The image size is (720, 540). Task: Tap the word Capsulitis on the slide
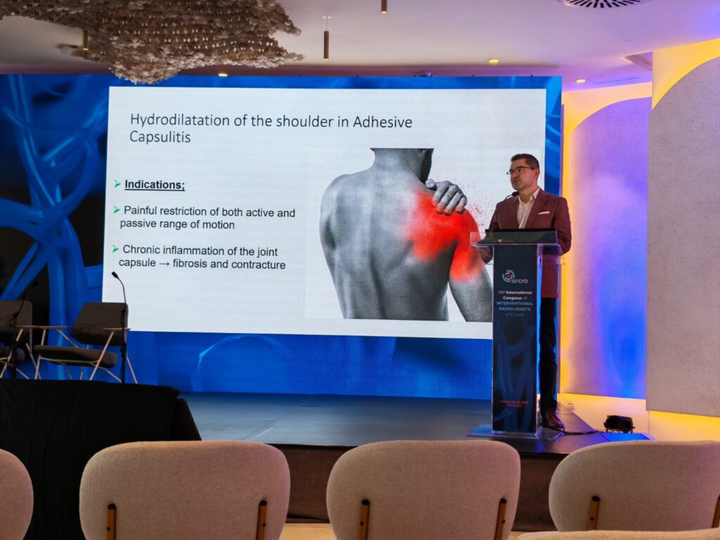point(160,137)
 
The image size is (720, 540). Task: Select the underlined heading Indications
point(155,185)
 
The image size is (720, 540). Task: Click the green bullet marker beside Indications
point(117,184)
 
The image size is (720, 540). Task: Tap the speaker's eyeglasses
point(520,170)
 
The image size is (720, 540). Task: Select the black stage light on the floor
point(619,423)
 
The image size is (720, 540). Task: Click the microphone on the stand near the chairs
point(115,276)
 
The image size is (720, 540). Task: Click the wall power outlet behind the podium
point(570,406)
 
